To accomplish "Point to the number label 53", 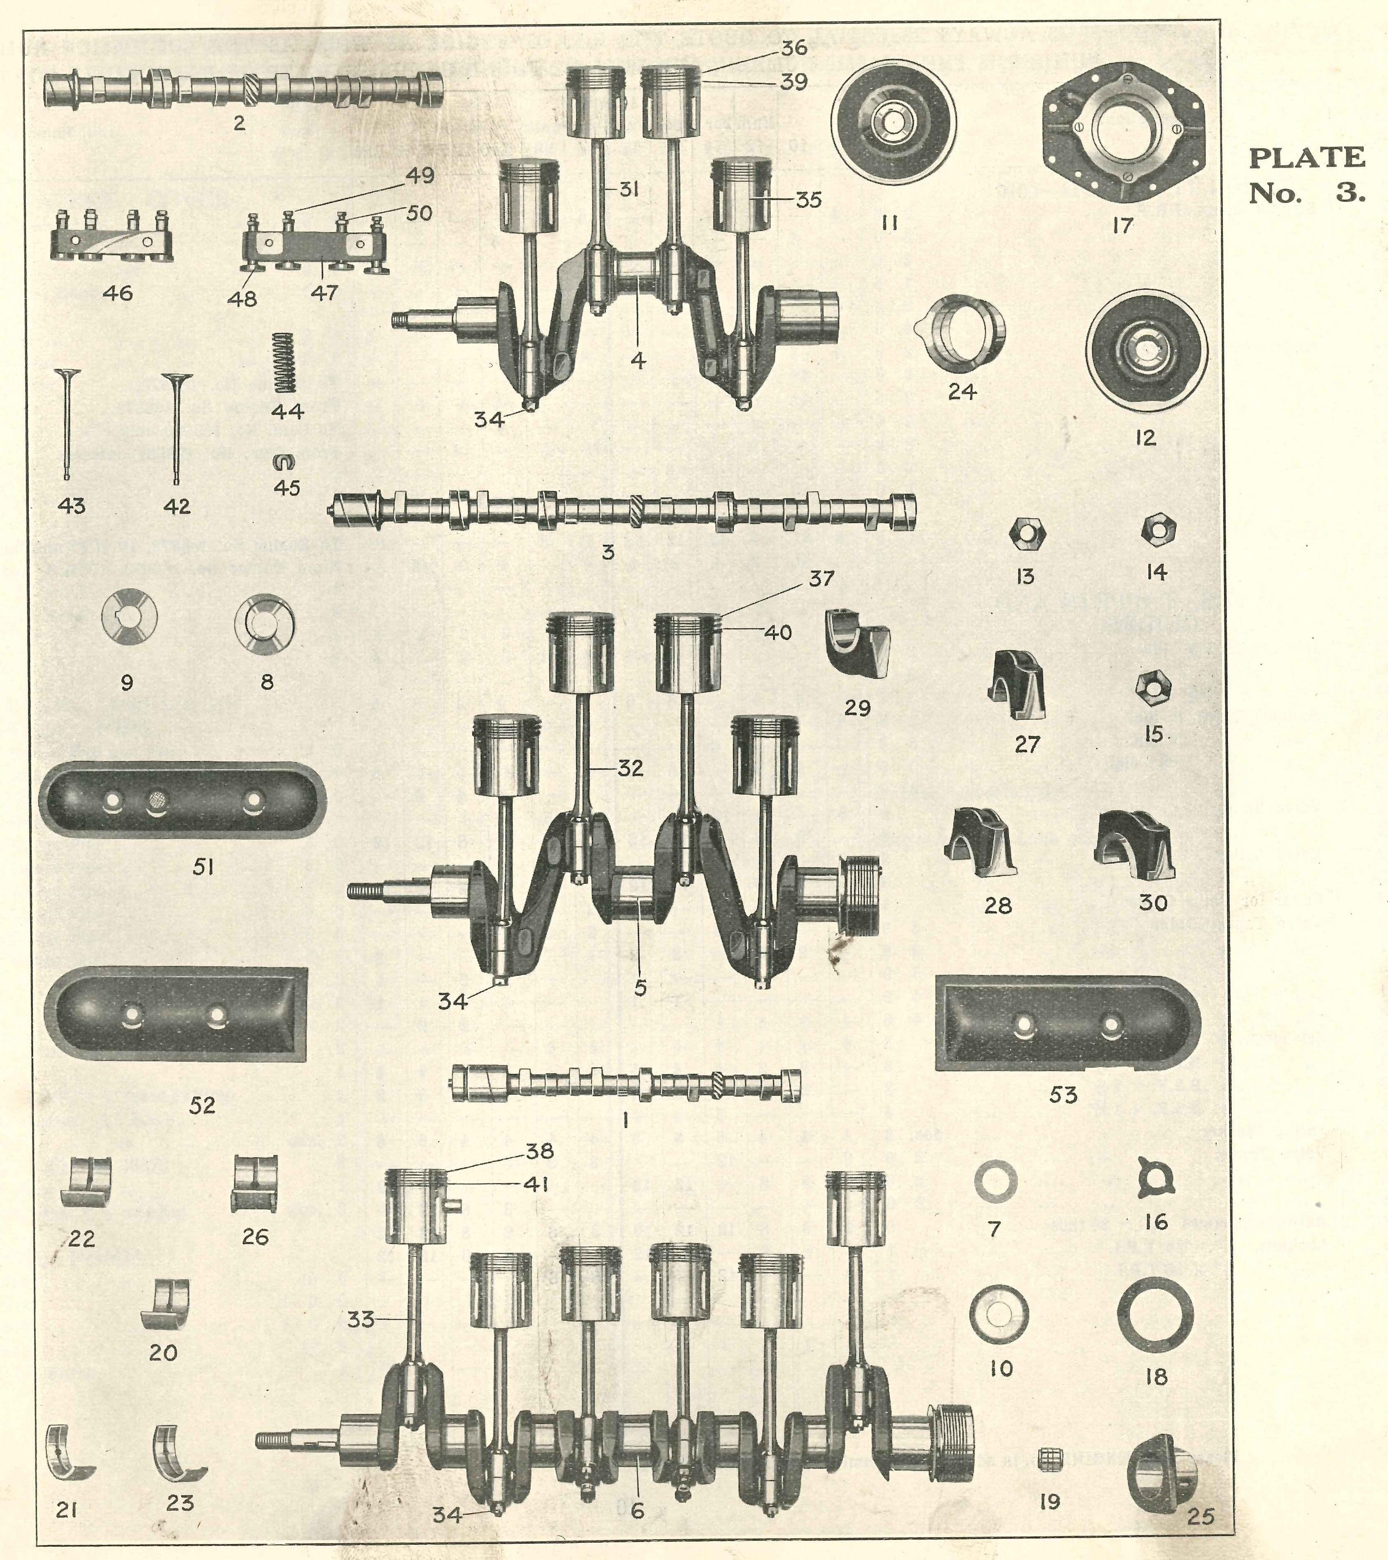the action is tap(1063, 1095).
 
